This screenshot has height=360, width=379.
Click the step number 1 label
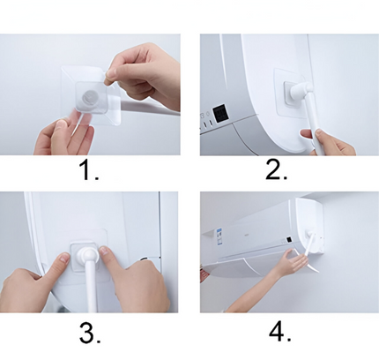click(x=89, y=170)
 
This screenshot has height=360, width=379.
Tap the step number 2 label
click(x=276, y=170)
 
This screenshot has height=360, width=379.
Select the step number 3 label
click(x=90, y=333)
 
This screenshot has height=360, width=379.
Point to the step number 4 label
click(x=280, y=332)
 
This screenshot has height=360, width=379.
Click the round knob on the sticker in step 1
click(x=90, y=97)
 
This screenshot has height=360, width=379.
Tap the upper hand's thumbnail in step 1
click(x=110, y=73)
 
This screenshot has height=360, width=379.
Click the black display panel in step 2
click(x=221, y=114)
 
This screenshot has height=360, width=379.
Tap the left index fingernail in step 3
click(x=63, y=259)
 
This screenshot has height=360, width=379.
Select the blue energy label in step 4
click(x=219, y=234)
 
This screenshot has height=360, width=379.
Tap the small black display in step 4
click(x=290, y=240)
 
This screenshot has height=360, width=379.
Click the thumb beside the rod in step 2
click(x=307, y=135)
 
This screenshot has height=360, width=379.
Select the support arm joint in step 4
click(x=309, y=235)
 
